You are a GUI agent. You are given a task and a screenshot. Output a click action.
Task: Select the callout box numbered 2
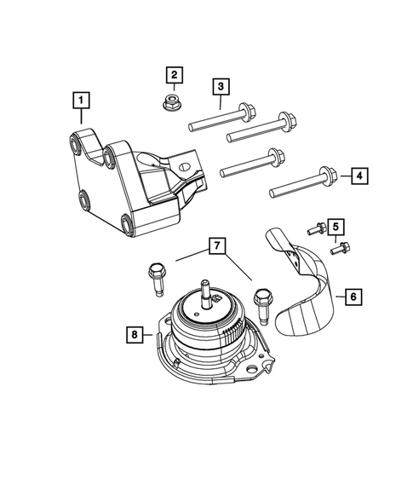pyautogui.click(x=173, y=76)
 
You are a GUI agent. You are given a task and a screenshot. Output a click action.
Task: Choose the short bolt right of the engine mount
pyautogui.click(x=262, y=302)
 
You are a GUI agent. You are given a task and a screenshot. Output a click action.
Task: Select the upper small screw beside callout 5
pyautogui.click(x=313, y=226)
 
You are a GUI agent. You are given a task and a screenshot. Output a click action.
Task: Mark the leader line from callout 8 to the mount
pyautogui.click(x=152, y=336)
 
